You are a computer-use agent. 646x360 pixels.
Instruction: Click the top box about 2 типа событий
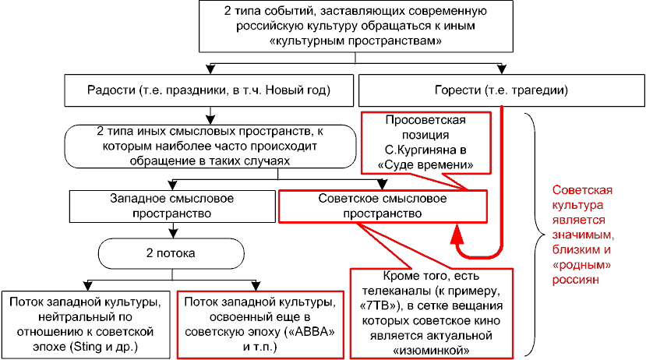tap(356, 26)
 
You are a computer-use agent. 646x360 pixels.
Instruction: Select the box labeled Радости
tap(209, 90)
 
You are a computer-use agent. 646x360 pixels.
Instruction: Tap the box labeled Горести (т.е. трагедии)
tap(501, 90)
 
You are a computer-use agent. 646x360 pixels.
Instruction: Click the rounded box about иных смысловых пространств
tap(210, 146)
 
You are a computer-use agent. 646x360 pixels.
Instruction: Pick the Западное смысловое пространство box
tap(172, 206)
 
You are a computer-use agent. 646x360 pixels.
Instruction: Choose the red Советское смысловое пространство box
tap(383, 206)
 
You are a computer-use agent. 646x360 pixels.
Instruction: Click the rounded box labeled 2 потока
tap(171, 253)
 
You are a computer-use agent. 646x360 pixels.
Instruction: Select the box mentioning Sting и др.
tap(86, 325)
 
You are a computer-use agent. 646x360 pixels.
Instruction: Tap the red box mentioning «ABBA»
tap(260, 325)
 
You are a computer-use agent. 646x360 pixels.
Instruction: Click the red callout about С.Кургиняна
tap(426, 143)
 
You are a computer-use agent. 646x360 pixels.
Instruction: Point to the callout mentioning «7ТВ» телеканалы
tap(432, 313)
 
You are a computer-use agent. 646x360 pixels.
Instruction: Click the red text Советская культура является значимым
tap(583, 235)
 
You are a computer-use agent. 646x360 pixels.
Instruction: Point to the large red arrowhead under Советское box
tap(457, 234)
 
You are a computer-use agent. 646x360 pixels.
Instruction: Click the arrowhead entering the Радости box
tap(210, 69)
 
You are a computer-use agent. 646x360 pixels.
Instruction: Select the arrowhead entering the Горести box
tap(501, 69)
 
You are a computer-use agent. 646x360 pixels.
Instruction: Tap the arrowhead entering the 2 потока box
tap(174, 233)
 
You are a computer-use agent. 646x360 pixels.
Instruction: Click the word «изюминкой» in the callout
tap(432, 351)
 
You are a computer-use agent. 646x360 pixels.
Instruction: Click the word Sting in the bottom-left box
tap(86, 347)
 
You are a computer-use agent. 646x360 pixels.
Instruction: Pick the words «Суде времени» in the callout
tap(425, 164)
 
